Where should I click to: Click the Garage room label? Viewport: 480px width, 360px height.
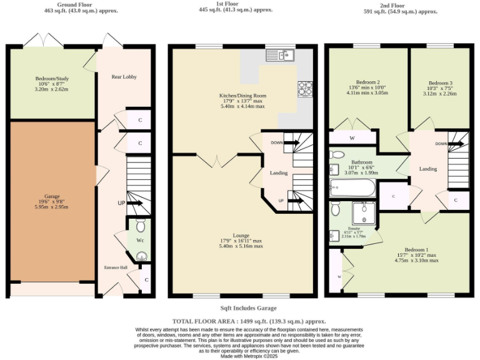click(52, 196)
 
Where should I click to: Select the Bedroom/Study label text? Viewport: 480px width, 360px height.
click(52, 79)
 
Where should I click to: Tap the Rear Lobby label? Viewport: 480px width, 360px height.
click(124, 77)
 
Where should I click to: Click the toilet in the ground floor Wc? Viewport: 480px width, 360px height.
click(140, 224)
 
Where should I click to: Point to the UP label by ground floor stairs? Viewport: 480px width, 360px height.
click(121, 203)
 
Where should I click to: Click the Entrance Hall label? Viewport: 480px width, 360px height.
click(115, 267)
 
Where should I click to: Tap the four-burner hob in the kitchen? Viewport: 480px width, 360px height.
click(305, 89)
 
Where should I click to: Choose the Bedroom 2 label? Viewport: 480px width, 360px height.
click(368, 82)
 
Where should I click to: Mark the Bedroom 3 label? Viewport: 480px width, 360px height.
click(440, 83)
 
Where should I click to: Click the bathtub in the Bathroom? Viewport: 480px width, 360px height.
click(352, 186)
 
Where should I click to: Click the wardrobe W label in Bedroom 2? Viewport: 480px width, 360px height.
click(352, 137)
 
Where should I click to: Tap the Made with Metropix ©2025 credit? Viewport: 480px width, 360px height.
click(240, 356)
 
